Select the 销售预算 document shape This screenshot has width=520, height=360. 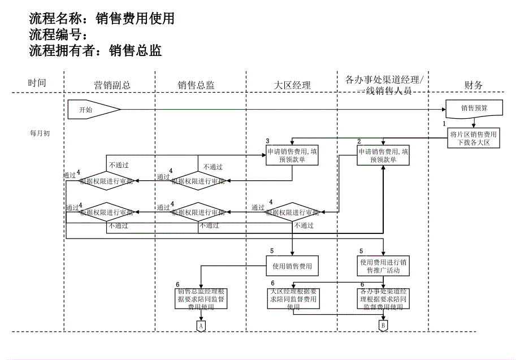(x=474, y=108)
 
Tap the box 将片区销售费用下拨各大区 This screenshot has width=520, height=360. (x=474, y=138)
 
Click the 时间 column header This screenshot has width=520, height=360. (x=37, y=83)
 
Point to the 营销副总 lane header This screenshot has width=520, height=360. (x=112, y=85)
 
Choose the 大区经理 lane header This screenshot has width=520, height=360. (x=292, y=85)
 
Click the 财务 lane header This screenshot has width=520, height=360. (x=473, y=85)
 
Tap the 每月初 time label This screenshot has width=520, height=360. (x=40, y=133)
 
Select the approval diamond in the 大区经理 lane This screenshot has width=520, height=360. (x=292, y=212)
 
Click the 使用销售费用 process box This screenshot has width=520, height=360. (x=292, y=266)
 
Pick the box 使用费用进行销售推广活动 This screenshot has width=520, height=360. (x=383, y=266)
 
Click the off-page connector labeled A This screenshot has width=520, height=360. (x=201, y=326)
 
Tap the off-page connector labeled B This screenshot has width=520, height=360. (x=383, y=326)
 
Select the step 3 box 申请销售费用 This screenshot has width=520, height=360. (x=292, y=155)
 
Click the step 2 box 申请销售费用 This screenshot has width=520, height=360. (x=383, y=155)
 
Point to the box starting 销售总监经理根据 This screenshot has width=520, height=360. (x=201, y=299)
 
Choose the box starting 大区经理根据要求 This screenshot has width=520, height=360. (x=292, y=299)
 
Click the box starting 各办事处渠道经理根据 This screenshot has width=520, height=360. (x=383, y=299)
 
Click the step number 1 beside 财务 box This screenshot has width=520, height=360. (x=444, y=123)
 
